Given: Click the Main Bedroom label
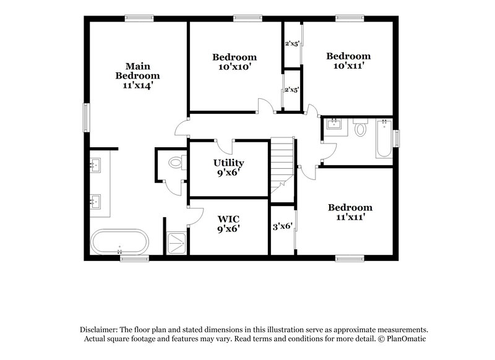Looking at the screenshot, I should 137,71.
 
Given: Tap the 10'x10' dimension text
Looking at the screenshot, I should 235,67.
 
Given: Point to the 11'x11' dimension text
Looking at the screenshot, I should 350,218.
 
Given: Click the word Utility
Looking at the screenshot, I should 228,163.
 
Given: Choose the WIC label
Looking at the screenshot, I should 229,219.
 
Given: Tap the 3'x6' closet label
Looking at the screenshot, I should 282,227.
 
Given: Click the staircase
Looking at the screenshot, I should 282,162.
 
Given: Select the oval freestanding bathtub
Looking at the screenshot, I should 120,242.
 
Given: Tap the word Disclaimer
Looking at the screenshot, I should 100,330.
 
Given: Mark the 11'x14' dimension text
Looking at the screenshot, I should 137,86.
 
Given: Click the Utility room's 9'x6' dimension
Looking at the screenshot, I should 228,173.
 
